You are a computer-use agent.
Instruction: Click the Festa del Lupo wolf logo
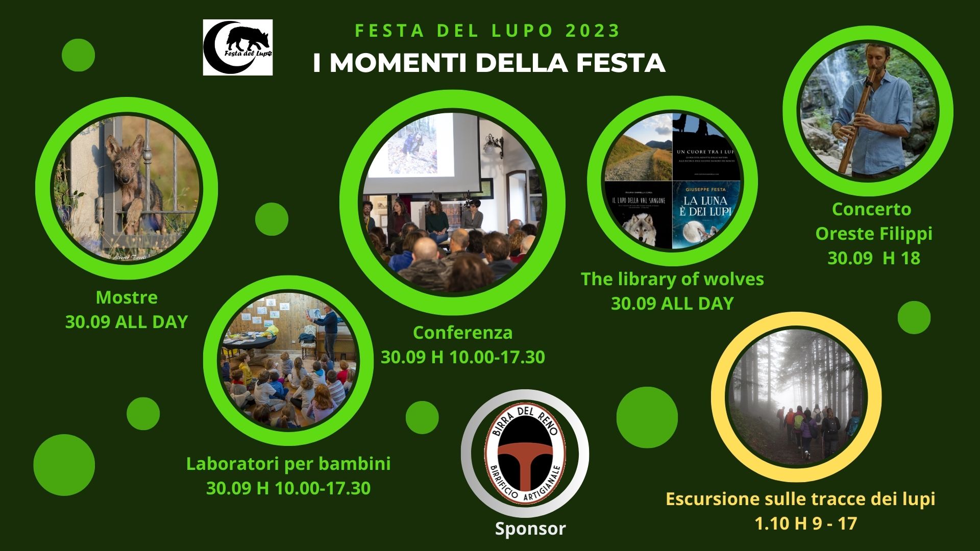238,47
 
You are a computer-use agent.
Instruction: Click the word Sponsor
530,529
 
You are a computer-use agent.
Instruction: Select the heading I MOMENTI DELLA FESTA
488,63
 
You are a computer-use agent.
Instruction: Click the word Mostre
127,297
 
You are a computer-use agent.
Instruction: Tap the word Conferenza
462,333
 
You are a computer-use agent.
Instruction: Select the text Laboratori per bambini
288,464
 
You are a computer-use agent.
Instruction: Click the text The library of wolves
672,279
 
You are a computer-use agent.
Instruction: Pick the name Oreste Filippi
873,234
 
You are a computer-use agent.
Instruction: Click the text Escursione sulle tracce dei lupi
800,498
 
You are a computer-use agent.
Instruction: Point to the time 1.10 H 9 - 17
805,523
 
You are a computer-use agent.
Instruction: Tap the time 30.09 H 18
873,258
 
